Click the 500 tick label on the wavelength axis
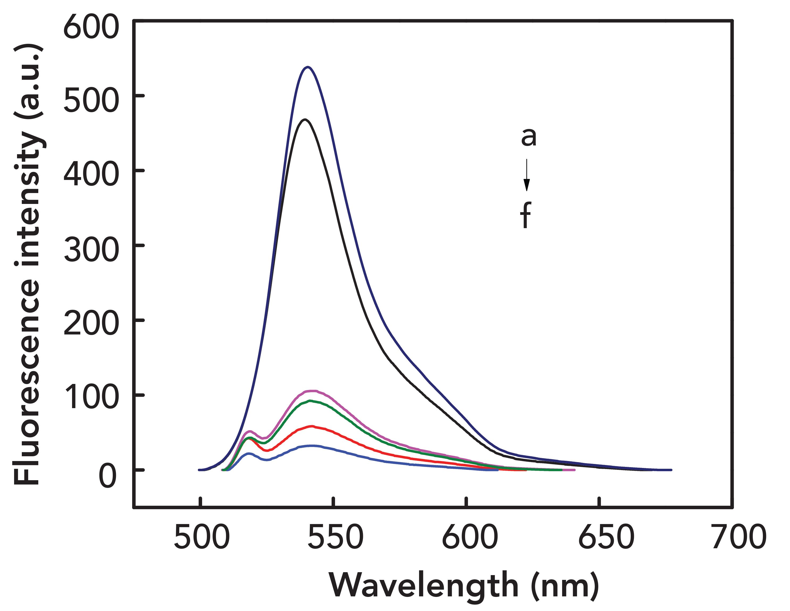coord(202,537)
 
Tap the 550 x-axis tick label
coord(335,537)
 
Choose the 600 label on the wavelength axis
coord(469,537)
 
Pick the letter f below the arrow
coord(526,216)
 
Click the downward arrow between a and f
coord(527,175)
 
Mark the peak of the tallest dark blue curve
coord(307,67)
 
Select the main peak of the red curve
coord(311,426)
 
